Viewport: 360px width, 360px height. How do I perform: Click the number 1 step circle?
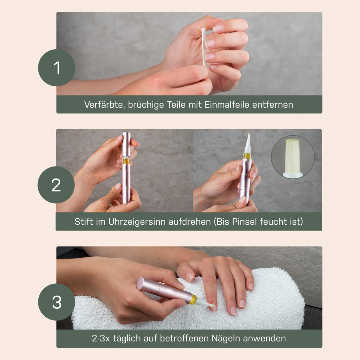pyautogui.click(x=56, y=68)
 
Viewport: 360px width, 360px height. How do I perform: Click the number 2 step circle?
pyautogui.click(x=56, y=185)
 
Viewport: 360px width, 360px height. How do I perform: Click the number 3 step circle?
pyautogui.click(x=56, y=302)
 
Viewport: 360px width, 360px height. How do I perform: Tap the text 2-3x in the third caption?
pyautogui.click(x=102, y=338)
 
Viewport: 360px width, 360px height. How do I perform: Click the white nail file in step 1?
pyautogui.click(x=204, y=48)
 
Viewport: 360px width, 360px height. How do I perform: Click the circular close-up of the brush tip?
pyautogui.click(x=293, y=157)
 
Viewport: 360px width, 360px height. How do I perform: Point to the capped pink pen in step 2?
pyautogui.click(x=126, y=168)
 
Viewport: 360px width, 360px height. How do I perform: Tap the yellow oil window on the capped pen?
pyautogui.click(x=126, y=161)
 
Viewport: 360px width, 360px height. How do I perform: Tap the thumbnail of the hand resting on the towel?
pyautogui.click(x=189, y=277)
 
